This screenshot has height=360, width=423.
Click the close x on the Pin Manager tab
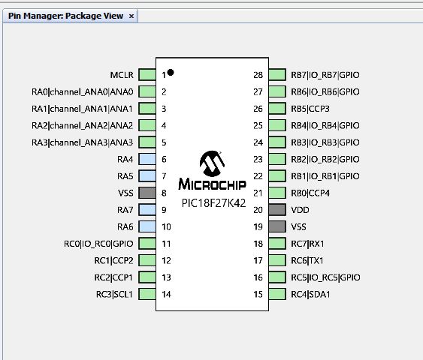(131, 16)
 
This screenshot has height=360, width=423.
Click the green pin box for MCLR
(147, 75)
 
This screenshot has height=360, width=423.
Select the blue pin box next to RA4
(147, 159)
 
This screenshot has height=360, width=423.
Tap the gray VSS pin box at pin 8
(147, 193)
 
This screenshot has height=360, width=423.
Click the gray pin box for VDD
(277, 210)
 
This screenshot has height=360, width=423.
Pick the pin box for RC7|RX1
(277, 244)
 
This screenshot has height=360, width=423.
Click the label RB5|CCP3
(310, 109)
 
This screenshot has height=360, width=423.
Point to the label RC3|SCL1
(114, 294)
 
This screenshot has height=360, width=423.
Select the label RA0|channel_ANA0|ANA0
(83, 91)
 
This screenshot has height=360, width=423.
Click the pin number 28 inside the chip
(258, 75)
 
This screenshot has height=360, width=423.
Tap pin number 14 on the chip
(166, 294)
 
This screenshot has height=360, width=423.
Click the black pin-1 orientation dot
(171, 72)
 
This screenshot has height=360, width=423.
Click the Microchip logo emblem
(212, 163)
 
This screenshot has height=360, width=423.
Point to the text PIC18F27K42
(213, 203)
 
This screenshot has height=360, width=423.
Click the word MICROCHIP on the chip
(213, 184)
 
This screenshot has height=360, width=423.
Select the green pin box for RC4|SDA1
(277, 294)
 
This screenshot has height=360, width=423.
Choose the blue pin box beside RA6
(147, 226)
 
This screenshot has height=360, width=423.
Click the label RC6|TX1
(307, 261)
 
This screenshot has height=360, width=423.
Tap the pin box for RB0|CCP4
(277, 193)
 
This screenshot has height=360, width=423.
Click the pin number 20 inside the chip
(258, 210)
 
